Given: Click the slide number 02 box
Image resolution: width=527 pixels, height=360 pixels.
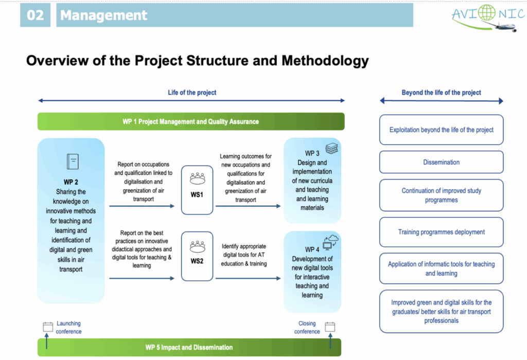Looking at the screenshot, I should (x=36, y=15).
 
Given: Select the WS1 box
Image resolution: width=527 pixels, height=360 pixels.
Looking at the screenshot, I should (x=197, y=190).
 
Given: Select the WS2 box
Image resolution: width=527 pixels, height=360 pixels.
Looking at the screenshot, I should (x=197, y=256).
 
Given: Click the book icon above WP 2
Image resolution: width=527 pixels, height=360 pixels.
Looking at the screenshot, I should (x=73, y=162).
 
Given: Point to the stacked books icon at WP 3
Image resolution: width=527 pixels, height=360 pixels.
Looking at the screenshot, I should (x=332, y=149).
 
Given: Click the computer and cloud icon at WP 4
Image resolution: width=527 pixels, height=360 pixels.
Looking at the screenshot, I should (x=330, y=241).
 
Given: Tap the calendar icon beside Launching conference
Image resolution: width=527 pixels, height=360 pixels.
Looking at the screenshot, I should (x=48, y=327).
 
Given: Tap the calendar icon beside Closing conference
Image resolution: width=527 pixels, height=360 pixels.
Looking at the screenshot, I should (x=330, y=327).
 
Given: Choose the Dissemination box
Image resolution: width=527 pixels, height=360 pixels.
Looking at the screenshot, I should (x=441, y=162).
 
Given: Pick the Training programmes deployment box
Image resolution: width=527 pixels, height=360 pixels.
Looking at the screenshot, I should (x=441, y=232).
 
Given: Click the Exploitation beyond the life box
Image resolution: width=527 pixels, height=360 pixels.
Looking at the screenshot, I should (x=441, y=130).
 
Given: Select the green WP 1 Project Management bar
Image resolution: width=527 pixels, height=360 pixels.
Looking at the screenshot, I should (x=190, y=122).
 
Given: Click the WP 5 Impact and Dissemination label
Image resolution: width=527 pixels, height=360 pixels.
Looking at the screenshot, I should (x=189, y=348).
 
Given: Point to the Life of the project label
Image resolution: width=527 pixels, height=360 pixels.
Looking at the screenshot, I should (x=192, y=93).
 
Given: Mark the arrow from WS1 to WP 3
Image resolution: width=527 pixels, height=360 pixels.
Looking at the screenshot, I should (x=248, y=206).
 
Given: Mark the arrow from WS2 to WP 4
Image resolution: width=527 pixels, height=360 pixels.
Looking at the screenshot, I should (x=248, y=278).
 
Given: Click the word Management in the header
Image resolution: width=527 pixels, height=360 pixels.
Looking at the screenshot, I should (x=103, y=15).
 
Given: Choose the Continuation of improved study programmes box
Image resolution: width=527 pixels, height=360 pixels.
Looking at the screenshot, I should (x=441, y=195).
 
